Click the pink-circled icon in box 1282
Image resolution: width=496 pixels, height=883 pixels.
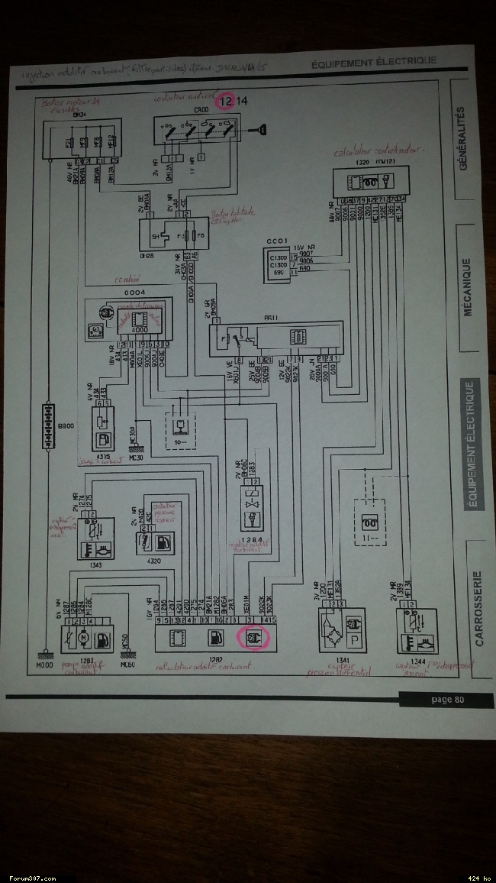click(x=252, y=636)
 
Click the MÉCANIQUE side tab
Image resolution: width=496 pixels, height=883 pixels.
click(x=466, y=286)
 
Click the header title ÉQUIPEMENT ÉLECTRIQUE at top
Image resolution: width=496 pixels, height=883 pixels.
click(x=374, y=61)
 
